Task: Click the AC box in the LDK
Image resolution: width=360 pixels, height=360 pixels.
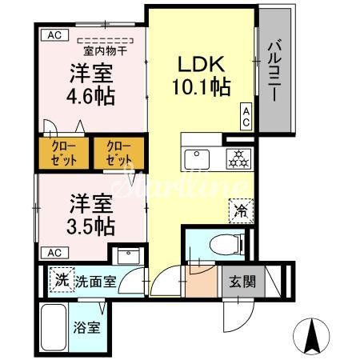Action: click(x=246, y=117)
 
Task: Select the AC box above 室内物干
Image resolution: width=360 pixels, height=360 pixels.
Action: click(x=54, y=34)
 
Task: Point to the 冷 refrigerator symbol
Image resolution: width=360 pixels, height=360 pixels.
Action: click(x=240, y=212)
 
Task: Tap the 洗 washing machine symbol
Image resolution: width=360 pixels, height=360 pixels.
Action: click(x=62, y=281)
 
